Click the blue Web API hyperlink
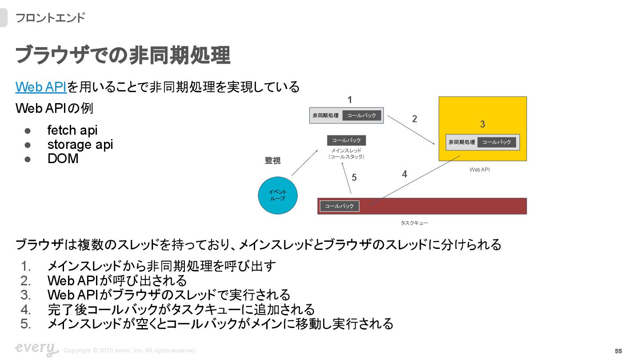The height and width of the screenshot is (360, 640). [41, 87]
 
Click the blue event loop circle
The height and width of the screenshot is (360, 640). [278, 196]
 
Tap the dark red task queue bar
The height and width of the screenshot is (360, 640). [444, 206]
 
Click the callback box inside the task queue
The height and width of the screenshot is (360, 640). [340, 206]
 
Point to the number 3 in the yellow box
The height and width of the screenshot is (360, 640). [483, 124]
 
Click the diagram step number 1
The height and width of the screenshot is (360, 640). [350, 100]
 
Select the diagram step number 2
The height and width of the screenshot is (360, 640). [415, 119]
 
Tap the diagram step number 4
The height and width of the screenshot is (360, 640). [404, 174]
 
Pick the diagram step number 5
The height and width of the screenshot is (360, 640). [354, 178]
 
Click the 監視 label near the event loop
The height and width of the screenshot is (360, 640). [273, 161]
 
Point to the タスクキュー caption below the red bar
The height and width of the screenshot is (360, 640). [414, 223]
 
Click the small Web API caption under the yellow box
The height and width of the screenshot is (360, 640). [480, 170]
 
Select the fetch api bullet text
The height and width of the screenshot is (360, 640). [72, 130]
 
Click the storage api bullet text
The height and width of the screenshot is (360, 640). [80, 144]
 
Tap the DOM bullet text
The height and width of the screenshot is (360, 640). [63, 159]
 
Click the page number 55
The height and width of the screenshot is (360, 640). [618, 351]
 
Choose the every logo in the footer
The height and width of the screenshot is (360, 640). [36, 349]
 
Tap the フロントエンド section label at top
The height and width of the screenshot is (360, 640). [50, 18]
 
